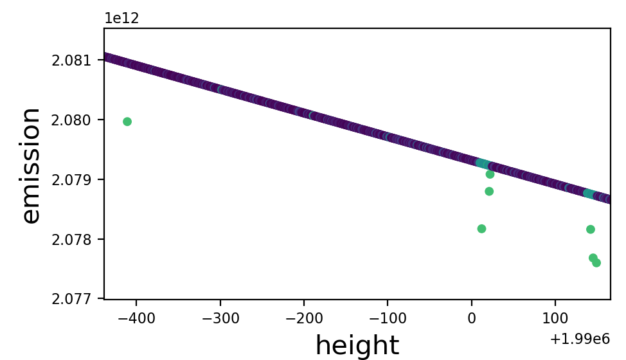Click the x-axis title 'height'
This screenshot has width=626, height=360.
tap(357, 345)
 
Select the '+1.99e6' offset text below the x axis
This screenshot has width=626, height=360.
tap(579, 338)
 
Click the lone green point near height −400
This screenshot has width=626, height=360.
tap(127, 122)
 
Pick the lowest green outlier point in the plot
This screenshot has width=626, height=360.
tap(596, 263)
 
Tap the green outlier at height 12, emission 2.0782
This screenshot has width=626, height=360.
tap(481, 229)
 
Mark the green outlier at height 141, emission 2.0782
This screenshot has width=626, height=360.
tap(591, 230)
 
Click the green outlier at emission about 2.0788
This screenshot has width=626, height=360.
tap(489, 192)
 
